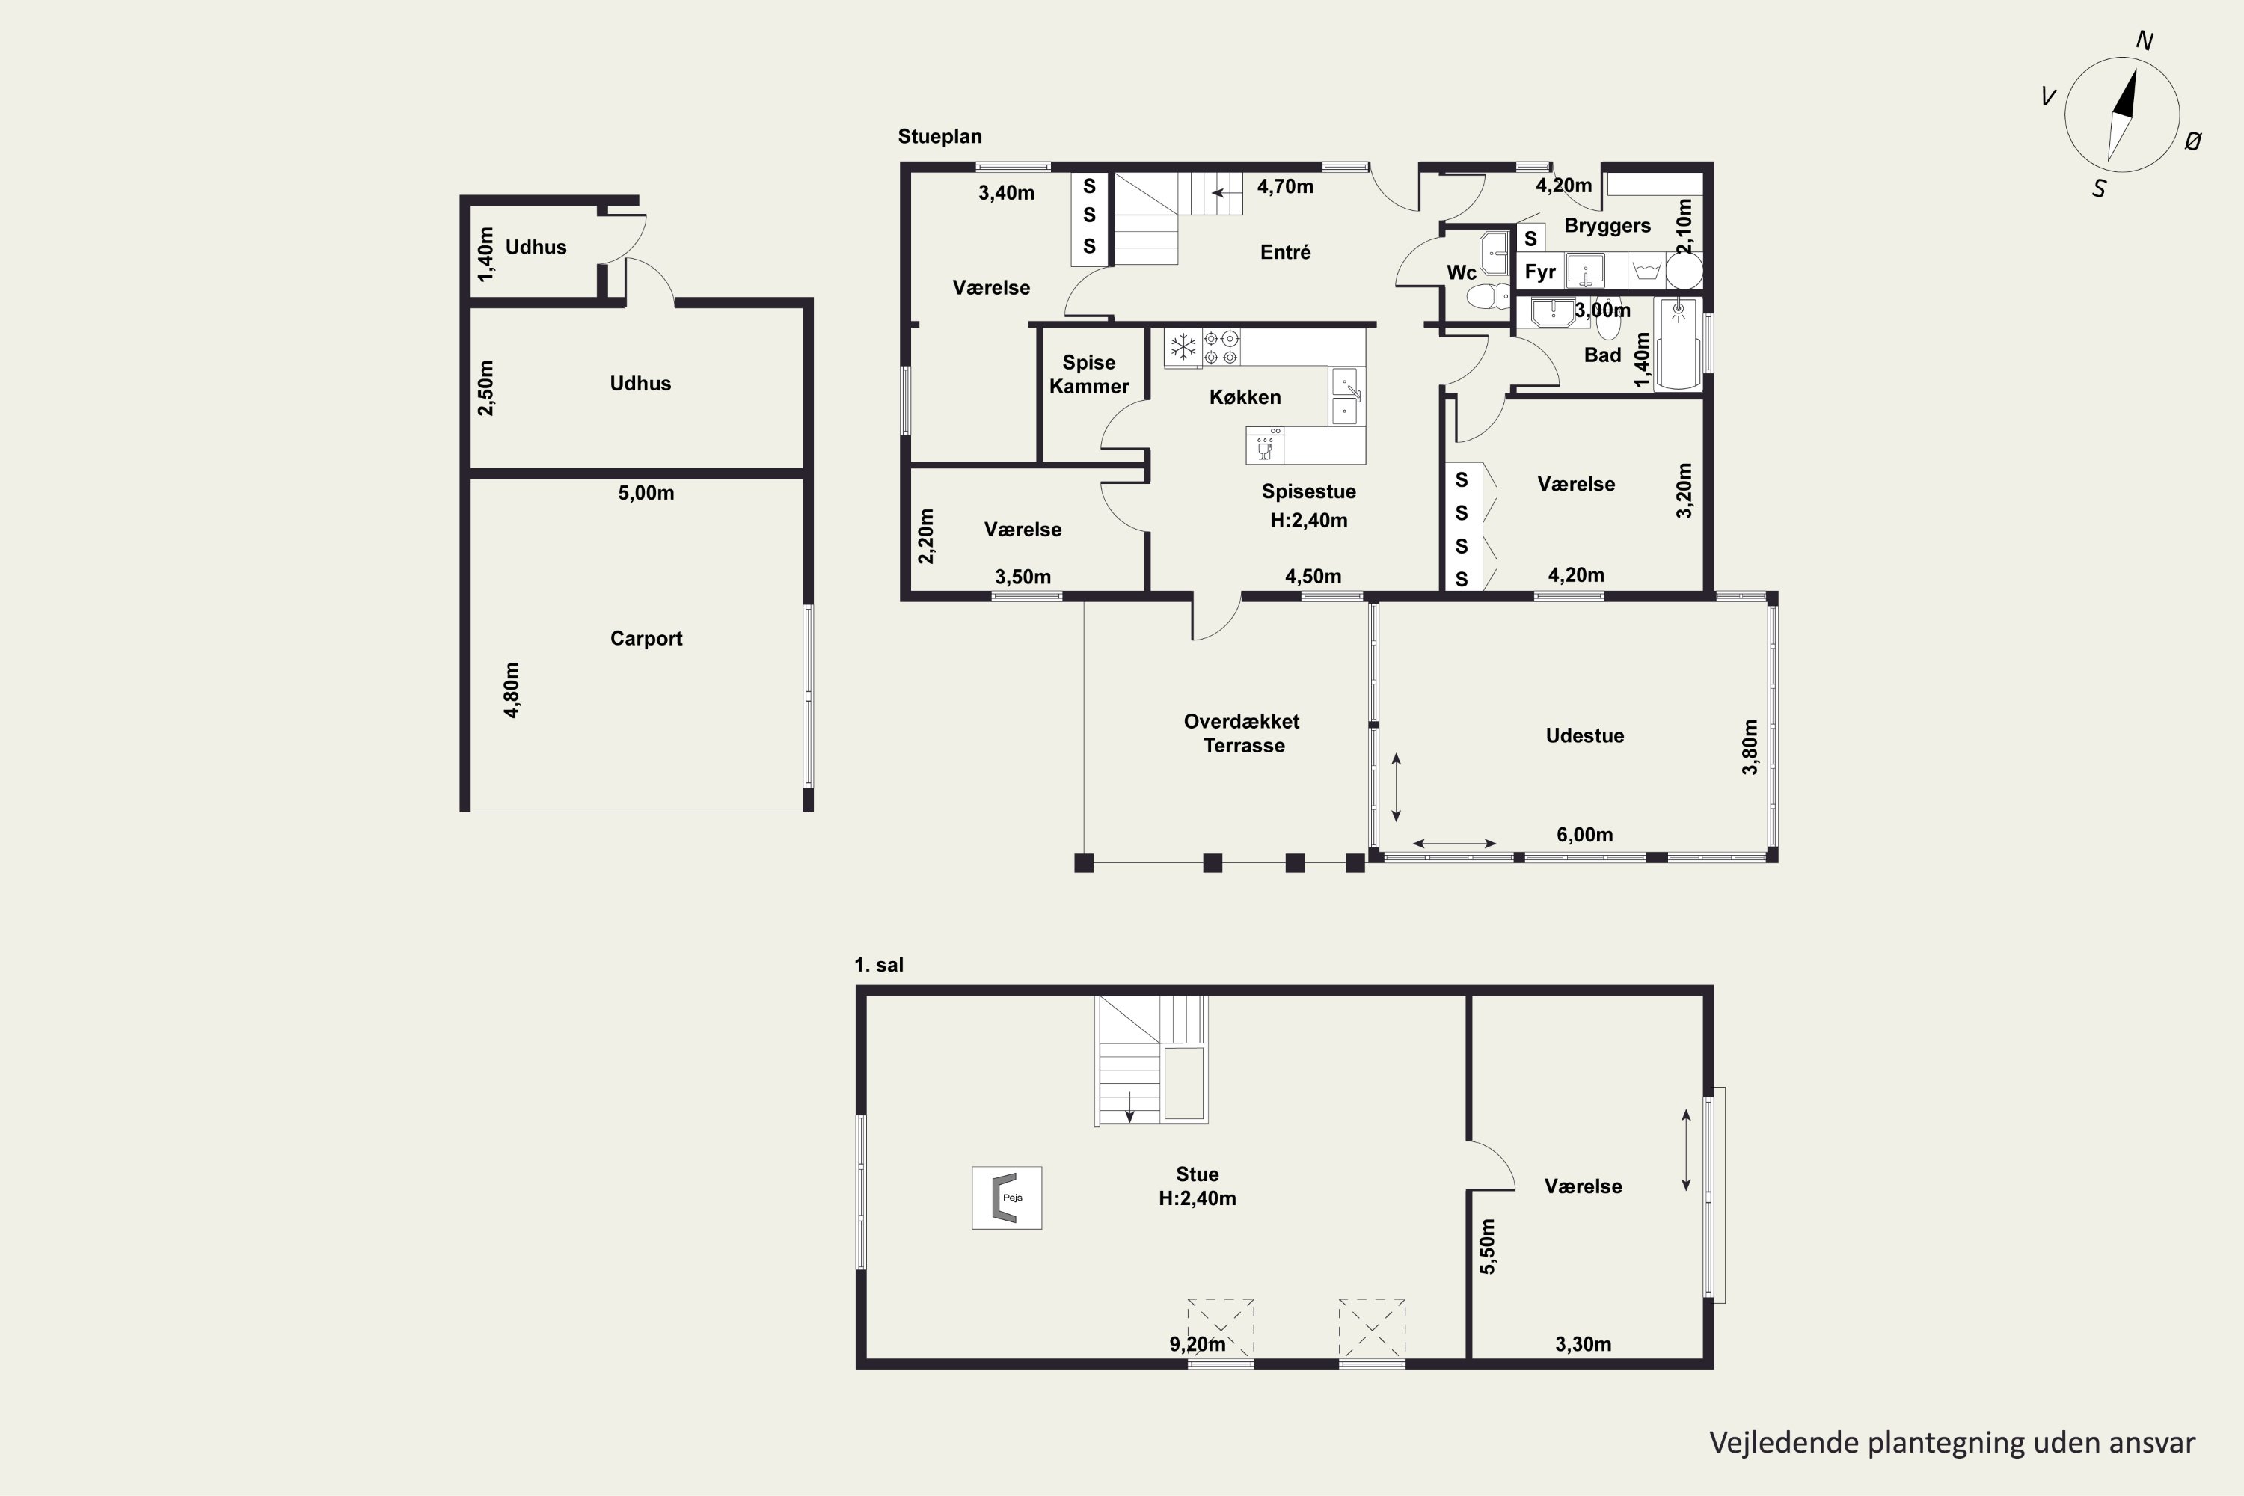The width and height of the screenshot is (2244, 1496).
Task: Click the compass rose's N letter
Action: [2145, 41]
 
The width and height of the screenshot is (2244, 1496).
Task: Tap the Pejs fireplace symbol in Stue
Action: [1007, 1198]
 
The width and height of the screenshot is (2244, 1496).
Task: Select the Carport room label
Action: [646, 638]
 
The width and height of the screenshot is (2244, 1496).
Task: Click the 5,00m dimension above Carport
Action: [646, 493]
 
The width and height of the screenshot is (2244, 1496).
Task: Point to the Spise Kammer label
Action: [1088, 374]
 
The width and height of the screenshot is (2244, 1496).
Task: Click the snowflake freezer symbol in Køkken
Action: [1183, 347]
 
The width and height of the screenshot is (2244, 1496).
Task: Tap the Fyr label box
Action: [1540, 272]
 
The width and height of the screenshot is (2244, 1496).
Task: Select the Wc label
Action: [1461, 273]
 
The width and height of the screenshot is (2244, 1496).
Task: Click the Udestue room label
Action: [1585, 735]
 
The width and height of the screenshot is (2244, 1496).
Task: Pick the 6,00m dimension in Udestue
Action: [1585, 835]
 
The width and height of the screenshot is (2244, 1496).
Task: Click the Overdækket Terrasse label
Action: [1242, 734]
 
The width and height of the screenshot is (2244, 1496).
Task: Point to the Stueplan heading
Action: [939, 136]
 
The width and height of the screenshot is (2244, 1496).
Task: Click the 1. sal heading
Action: [879, 965]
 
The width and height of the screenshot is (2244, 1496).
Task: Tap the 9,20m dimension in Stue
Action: [1198, 1344]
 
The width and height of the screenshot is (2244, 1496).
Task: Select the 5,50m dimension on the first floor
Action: [1488, 1246]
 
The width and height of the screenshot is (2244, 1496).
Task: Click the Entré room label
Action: [1285, 252]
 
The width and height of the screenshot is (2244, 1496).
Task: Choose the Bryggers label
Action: [1607, 226]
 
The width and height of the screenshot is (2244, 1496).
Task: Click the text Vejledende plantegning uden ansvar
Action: [1952, 1443]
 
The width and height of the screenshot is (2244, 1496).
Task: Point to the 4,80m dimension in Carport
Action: [512, 690]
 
